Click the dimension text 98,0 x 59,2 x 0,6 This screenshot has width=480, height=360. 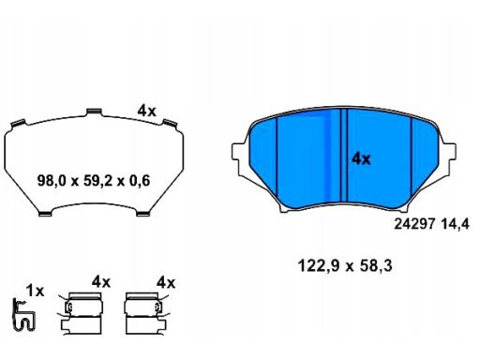[x=94, y=181]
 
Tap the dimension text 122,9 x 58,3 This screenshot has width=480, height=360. [x=345, y=266]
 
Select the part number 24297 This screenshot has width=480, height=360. [x=414, y=224]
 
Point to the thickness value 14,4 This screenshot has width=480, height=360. [x=456, y=224]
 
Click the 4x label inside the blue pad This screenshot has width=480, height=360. [x=361, y=158]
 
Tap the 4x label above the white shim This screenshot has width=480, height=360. [x=146, y=111]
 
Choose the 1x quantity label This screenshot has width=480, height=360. [x=35, y=291]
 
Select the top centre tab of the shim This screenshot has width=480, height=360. [x=94, y=112]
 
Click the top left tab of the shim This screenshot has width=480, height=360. [x=18, y=123]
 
